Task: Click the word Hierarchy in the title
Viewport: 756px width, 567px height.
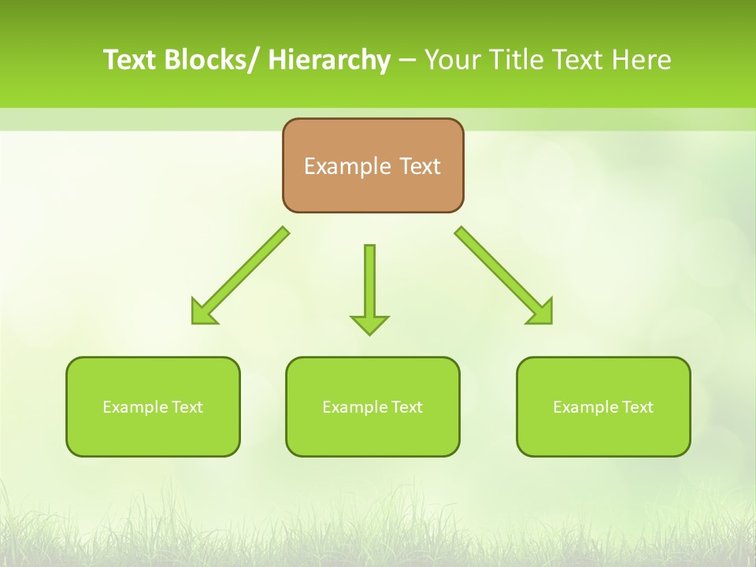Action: click(x=329, y=60)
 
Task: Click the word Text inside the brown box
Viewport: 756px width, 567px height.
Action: click(x=420, y=166)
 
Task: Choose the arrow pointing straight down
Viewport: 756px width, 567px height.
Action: click(x=369, y=287)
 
